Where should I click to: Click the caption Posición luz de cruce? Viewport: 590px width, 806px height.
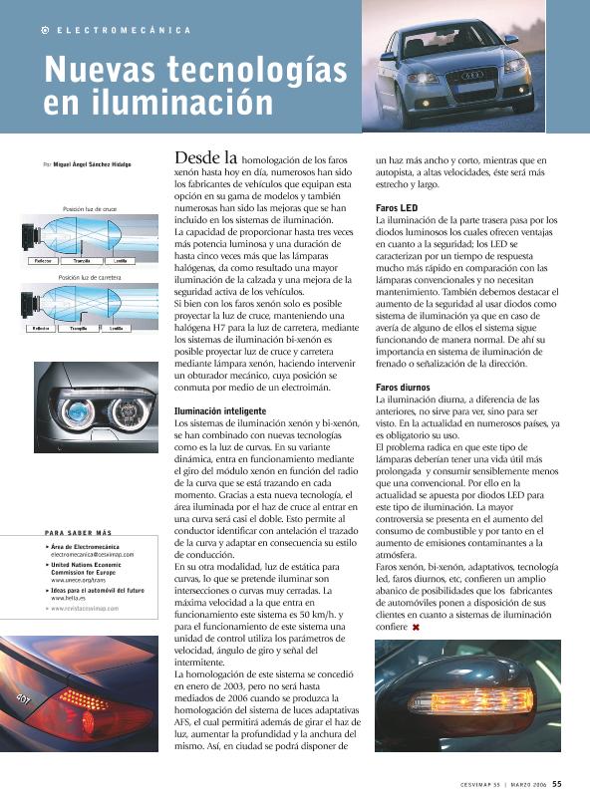pos(90,209)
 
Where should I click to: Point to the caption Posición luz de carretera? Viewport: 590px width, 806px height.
pos(90,277)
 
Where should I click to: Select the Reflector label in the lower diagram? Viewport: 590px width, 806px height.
pos(42,328)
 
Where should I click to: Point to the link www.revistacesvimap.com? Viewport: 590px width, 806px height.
pos(85,608)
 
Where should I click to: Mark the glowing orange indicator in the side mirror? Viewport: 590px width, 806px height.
pos(473,700)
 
